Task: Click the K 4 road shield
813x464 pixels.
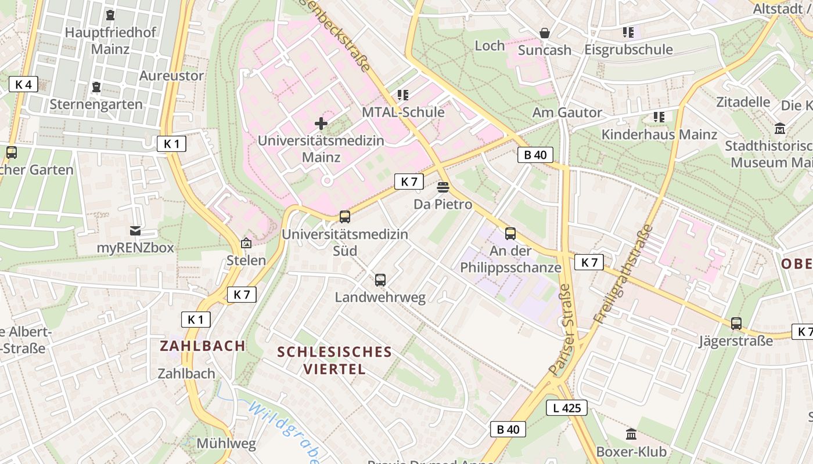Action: (23, 84)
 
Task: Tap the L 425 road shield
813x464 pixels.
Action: (567, 408)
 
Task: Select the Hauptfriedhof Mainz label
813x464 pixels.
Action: (110, 40)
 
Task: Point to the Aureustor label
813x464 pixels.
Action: (171, 75)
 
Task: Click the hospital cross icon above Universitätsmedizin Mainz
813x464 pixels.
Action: (321, 123)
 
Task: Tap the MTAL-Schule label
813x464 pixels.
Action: (404, 112)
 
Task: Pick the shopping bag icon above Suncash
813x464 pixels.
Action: (545, 33)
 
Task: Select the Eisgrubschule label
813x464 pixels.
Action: (628, 49)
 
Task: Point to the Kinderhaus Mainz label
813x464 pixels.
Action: (659, 134)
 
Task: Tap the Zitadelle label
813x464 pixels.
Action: (743, 101)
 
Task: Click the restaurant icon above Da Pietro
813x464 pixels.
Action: (443, 187)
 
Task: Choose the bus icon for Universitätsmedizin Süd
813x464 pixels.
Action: (345, 217)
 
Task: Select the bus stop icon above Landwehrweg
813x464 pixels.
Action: (380, 280)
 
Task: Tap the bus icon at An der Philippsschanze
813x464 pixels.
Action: (510, 234)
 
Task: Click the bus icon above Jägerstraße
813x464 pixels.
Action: (736, 324)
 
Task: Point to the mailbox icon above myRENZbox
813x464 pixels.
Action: (135, 231)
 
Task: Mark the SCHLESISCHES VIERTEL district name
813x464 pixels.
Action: (334, 360)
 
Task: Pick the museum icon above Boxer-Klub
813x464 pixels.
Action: (631, 434)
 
